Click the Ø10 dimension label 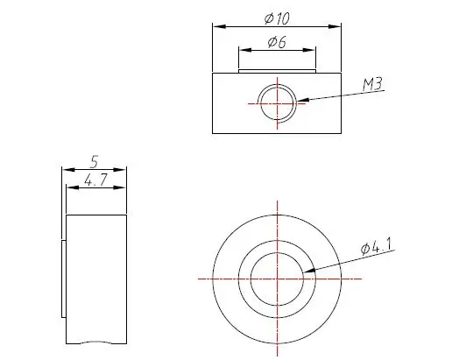point(277,18)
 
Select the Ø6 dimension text point(277,42)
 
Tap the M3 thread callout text point(372,84)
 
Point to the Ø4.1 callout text point(377,247)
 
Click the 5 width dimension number point(94,162)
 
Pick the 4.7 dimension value point(96,180)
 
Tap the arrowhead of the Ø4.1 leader point(309,271)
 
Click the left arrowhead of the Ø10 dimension point(219,26)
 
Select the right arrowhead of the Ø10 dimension point(335,26)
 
